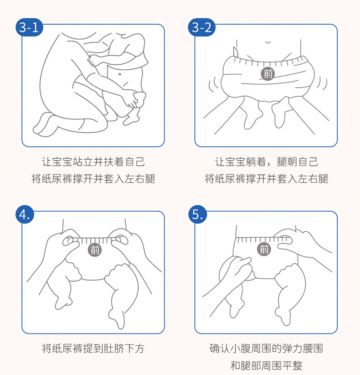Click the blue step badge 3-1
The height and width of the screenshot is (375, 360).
click(x=29, y=27)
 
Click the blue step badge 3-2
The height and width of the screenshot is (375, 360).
click(x=202, y=27)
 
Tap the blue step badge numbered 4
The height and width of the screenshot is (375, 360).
click(x=25, y=214)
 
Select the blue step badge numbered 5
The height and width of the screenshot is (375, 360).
click(x=197, y=214)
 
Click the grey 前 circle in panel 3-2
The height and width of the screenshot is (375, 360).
click(x=268, y=73)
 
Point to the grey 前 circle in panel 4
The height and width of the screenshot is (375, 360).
click(x=95, y=250)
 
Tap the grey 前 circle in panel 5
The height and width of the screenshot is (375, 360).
click(x=264, y=250)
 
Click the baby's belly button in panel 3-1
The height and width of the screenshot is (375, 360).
click(x=120, y=74)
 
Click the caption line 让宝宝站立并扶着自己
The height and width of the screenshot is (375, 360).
click(x=93, y=162)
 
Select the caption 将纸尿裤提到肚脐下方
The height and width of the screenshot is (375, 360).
click(x=93, y=349)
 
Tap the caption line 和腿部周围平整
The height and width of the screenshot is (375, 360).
click(x=266, y=366)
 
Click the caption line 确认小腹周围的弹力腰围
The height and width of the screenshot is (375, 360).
click(x=266, y=349)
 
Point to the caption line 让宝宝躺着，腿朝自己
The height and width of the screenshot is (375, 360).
click(x=266, y=162)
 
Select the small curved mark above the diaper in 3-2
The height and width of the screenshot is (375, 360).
click(x=268, y=42)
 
